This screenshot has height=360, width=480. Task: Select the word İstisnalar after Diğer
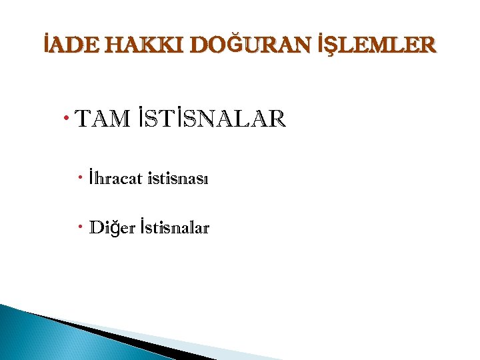[174, 229]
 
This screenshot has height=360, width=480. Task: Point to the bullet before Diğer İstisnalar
[79, 227]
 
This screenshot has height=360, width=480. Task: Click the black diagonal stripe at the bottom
[107, 334]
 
